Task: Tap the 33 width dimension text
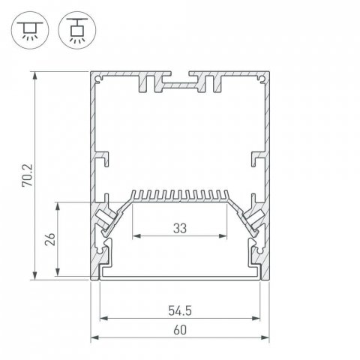(x=180, y=226)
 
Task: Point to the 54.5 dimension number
(x=180, y=308)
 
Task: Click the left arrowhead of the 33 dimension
(x=136, y=236)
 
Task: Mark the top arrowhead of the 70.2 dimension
(x=34, y=75)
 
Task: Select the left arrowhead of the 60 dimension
(x=94, y=338)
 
